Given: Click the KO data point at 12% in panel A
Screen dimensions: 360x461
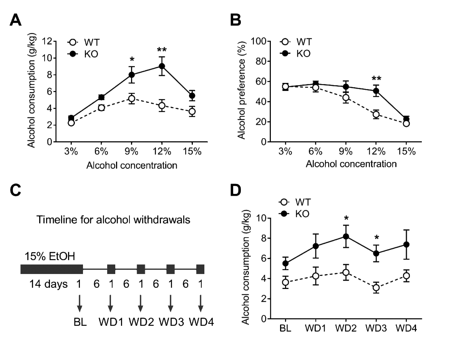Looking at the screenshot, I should pyautogui.click(x=162, y=66).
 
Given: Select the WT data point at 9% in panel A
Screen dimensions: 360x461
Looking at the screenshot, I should pyautogui.click(x=132, y=99).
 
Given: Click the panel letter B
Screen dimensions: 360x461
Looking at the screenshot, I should pyautogui.click(x=235, y=20).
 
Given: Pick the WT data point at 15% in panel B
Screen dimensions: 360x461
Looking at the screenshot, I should pyautogui.click(x=406, y=124).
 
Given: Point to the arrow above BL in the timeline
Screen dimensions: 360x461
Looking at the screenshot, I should pyautogui.click(x=80, y=300).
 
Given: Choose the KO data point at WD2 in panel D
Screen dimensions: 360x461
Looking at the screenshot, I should pyautogui.click(x=346, y=236).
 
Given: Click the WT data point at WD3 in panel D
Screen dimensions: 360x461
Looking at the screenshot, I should pyautogui.click(x=376, y=287).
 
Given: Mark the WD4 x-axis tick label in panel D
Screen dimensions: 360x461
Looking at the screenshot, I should pyautogui.click(x=406, y=329).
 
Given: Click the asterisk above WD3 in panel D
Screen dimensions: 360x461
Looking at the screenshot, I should pyautogui.click(x=376, y=236).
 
